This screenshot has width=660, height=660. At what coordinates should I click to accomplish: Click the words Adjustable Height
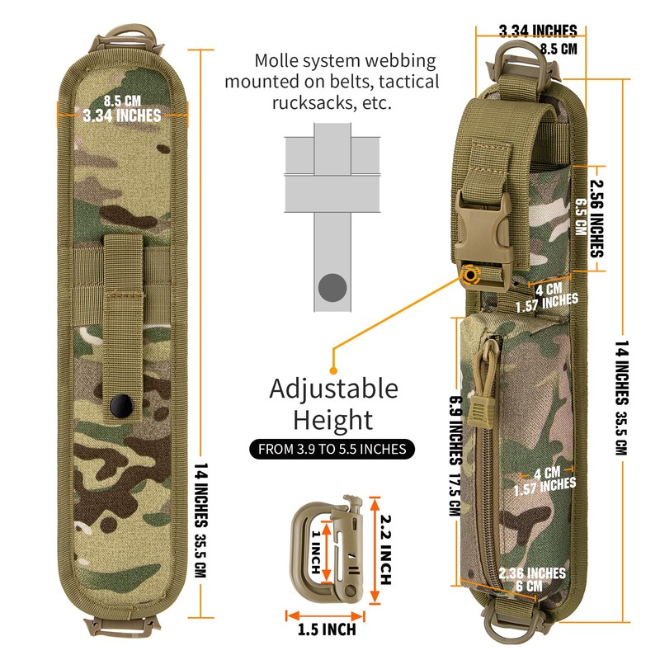[x=333, y=404]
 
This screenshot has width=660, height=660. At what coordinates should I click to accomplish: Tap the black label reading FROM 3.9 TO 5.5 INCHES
[x=332, y=449]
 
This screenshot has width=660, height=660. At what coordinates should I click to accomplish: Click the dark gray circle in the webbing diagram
[x=332, y=287]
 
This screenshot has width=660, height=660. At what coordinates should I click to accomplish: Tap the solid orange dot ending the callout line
[x=333, y=371]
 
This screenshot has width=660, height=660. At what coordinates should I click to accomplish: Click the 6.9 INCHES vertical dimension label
[x=455, y=429]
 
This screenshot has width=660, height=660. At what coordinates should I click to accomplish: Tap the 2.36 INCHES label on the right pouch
[x=533, y=573]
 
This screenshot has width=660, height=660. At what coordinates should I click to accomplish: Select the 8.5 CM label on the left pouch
[x=121, y=102]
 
